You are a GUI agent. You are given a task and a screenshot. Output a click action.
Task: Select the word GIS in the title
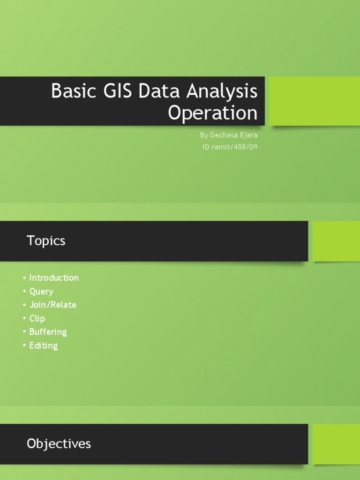tap(115, 91)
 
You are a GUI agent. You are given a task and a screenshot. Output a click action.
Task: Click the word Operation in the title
tap(213, 113)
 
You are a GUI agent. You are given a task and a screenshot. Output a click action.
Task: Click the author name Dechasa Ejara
tap(234, 135)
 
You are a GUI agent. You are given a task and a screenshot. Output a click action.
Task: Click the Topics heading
tap(46, 241)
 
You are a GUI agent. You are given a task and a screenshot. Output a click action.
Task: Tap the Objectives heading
tap(59, 443)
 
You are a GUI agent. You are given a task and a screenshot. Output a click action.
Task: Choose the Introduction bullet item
tap(54, 277)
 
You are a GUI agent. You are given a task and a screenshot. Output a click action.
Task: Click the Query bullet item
tap(41, 291)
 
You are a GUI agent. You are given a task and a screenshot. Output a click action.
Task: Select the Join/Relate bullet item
tap(52, 305)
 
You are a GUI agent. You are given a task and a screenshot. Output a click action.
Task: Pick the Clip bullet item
tap(37, 318)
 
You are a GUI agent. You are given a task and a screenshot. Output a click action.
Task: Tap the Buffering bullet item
tap(48, 332)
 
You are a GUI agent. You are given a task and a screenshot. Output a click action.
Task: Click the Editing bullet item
tap(44, 345)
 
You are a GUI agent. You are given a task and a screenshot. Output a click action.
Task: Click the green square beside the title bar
tap(314, 101)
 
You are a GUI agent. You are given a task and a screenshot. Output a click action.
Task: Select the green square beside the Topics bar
tap(336, 241)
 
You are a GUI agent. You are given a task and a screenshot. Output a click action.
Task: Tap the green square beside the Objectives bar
tap(336, 443)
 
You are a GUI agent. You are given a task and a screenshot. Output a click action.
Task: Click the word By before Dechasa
tap(203, 135)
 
